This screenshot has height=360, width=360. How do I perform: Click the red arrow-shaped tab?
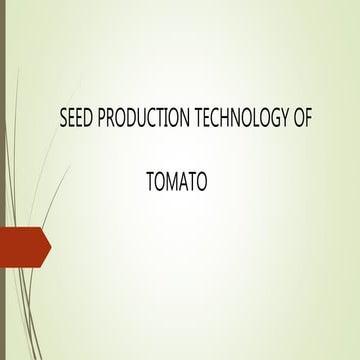[22, 246]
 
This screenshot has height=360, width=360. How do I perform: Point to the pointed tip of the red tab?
[49, 246]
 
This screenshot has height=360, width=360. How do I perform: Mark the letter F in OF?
[308, 118]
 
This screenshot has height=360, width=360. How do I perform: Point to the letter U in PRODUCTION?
[137, 118]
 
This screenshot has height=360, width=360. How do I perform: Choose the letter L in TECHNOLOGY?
[248, 118]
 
